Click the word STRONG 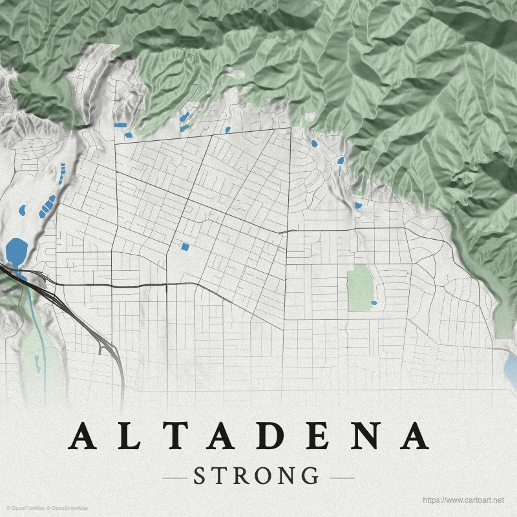(x=257, y=476)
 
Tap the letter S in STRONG (x=200, y=476)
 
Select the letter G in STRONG (x=310, y=476)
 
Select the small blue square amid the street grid (x=185, y=246)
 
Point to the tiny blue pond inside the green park (x=374, y=302)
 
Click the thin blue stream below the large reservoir (x=39, y=323)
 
